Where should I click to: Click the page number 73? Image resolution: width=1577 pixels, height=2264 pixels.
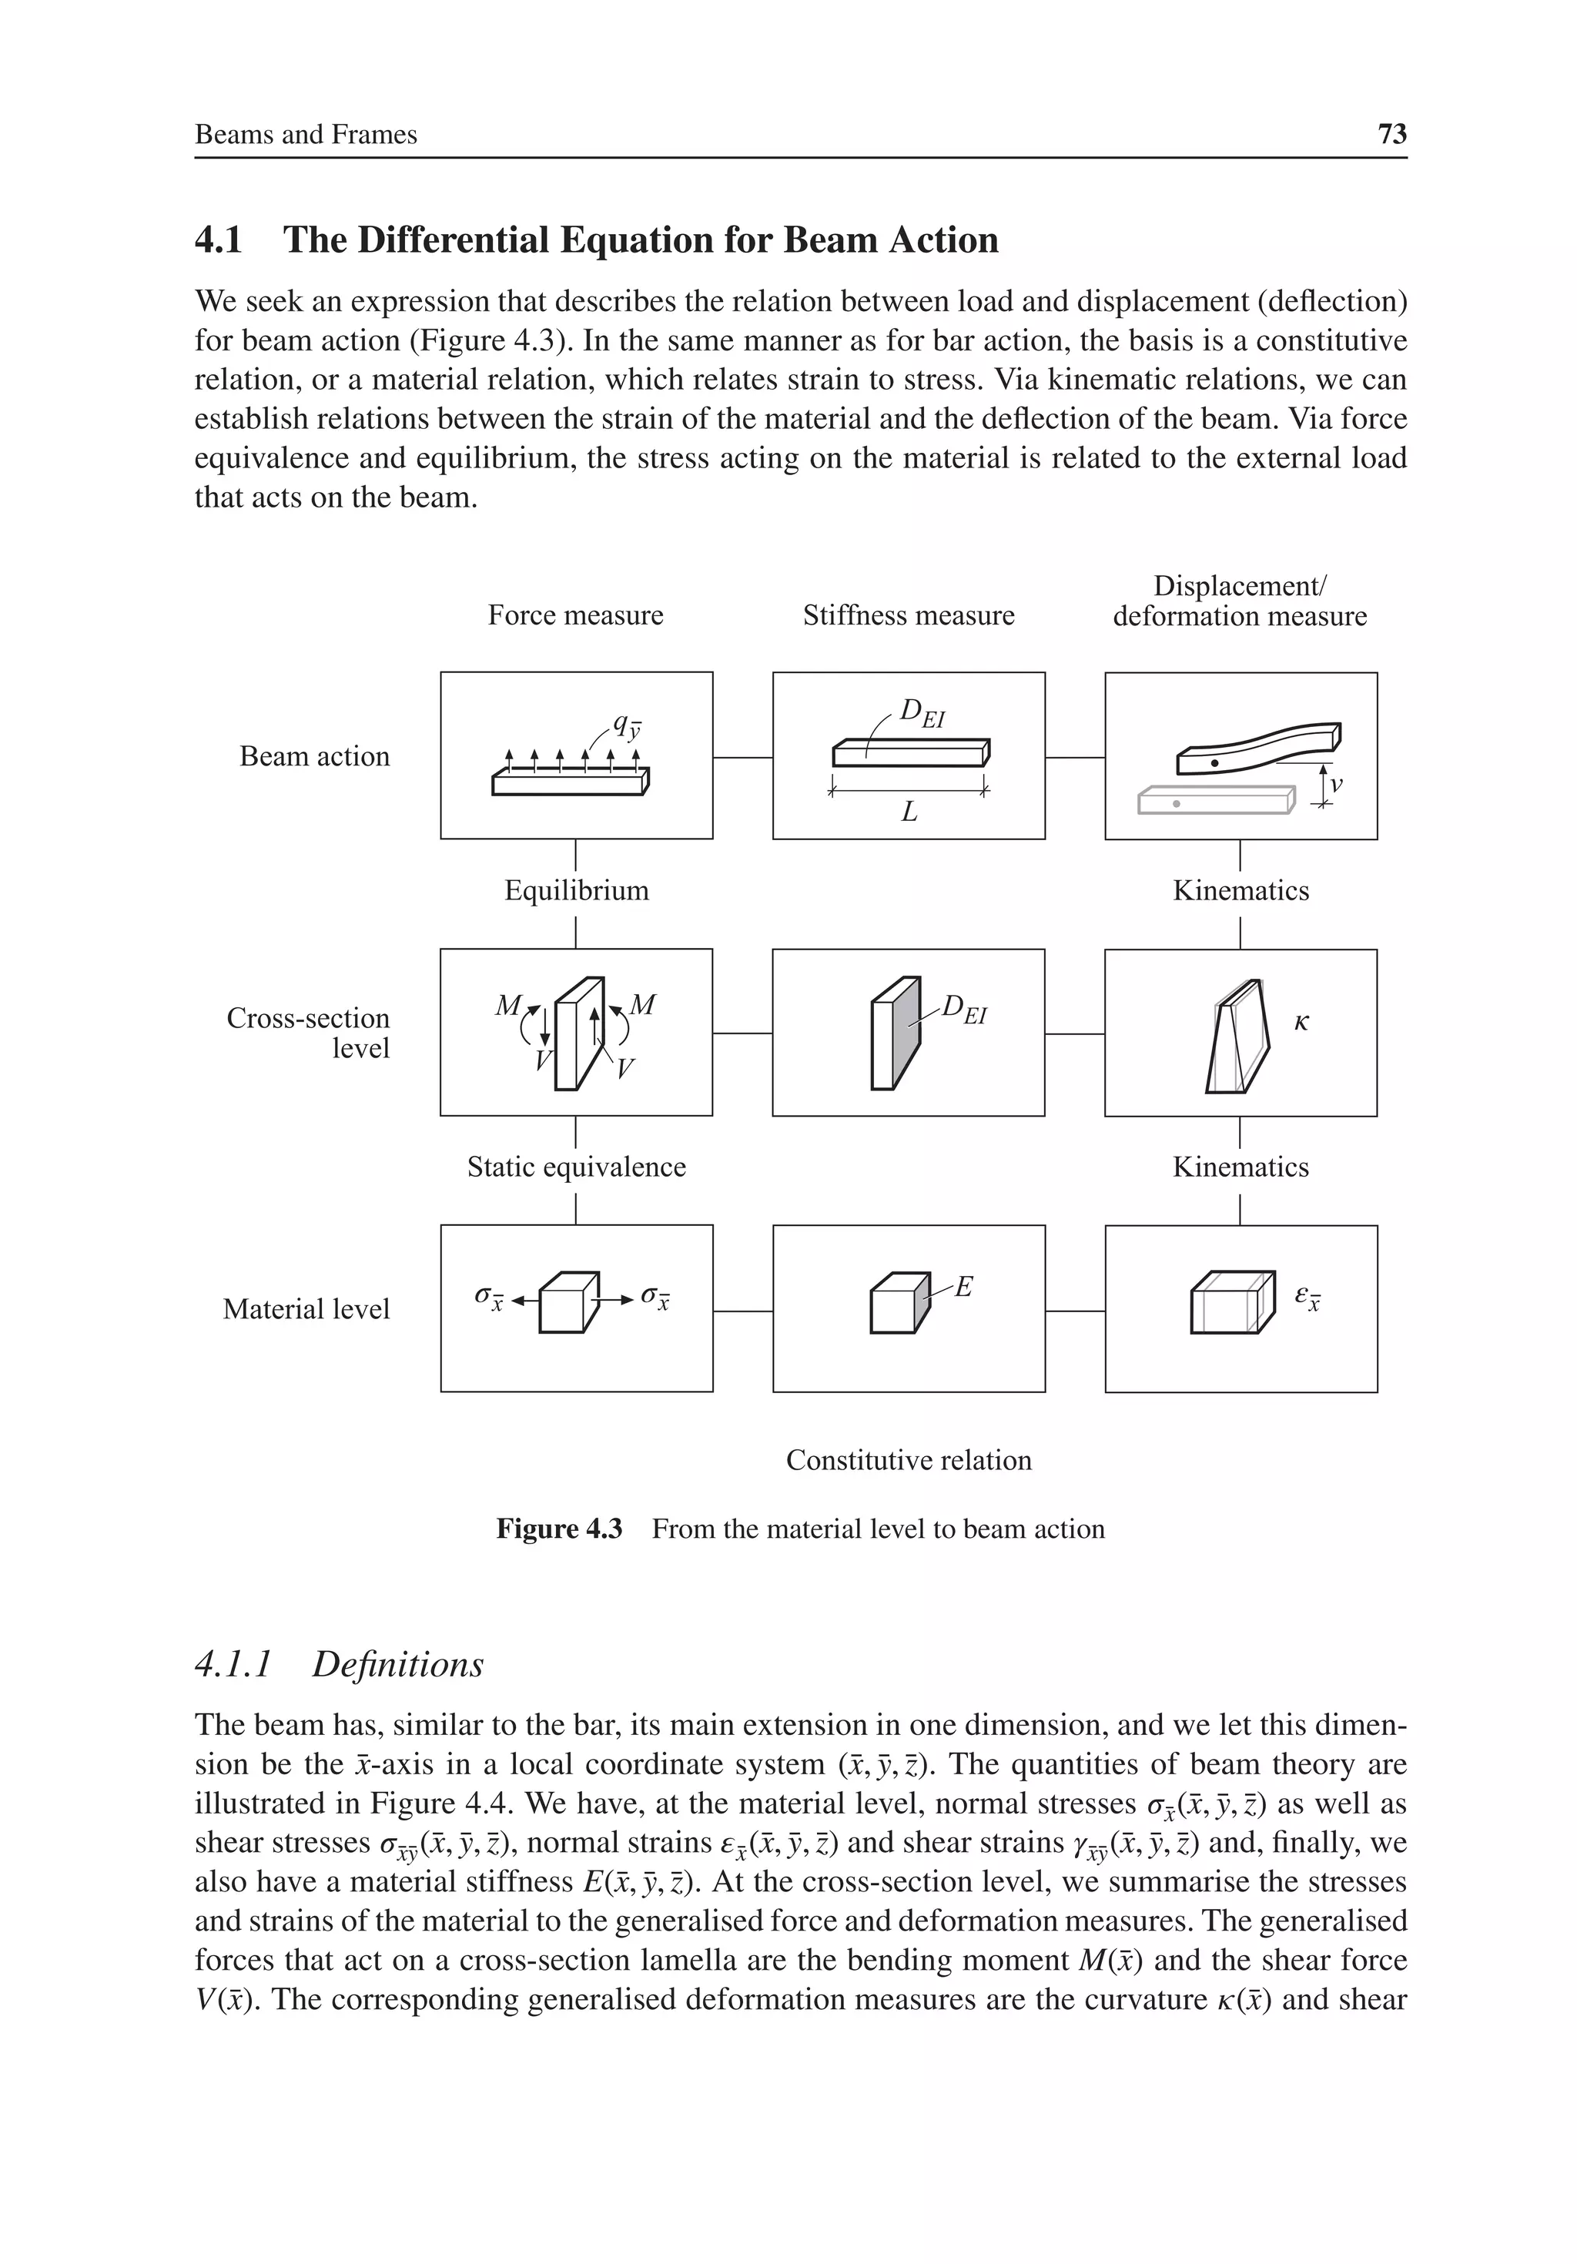(1391, 134)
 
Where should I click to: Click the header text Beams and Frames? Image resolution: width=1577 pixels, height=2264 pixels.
(306, 134)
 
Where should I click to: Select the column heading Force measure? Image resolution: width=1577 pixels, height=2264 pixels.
(575, 615)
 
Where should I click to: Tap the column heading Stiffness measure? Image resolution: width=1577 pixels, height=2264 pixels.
(909, 615)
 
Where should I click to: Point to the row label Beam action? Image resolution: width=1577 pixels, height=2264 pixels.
(315, 756)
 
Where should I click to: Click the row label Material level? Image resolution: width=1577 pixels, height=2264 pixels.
(306, 1308)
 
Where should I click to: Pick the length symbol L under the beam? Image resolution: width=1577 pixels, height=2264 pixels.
(909, 812)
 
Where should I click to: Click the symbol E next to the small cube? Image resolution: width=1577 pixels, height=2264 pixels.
(963, 1286)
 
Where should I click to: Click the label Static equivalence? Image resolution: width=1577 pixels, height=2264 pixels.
(576, 1167)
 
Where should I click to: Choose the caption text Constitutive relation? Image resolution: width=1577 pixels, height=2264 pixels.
(909, 1459)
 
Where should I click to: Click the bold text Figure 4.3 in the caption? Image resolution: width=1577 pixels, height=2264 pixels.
(559, 1529)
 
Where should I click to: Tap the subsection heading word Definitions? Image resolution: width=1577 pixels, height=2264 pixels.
(397, 1664)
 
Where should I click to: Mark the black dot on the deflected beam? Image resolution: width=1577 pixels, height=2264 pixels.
(1215, 763)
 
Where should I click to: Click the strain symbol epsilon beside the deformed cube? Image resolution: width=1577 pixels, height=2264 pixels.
(1306, 1296)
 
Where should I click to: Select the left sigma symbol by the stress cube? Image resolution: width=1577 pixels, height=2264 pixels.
(488, 1297)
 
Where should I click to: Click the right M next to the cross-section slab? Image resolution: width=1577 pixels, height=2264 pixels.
(642, 1005)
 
